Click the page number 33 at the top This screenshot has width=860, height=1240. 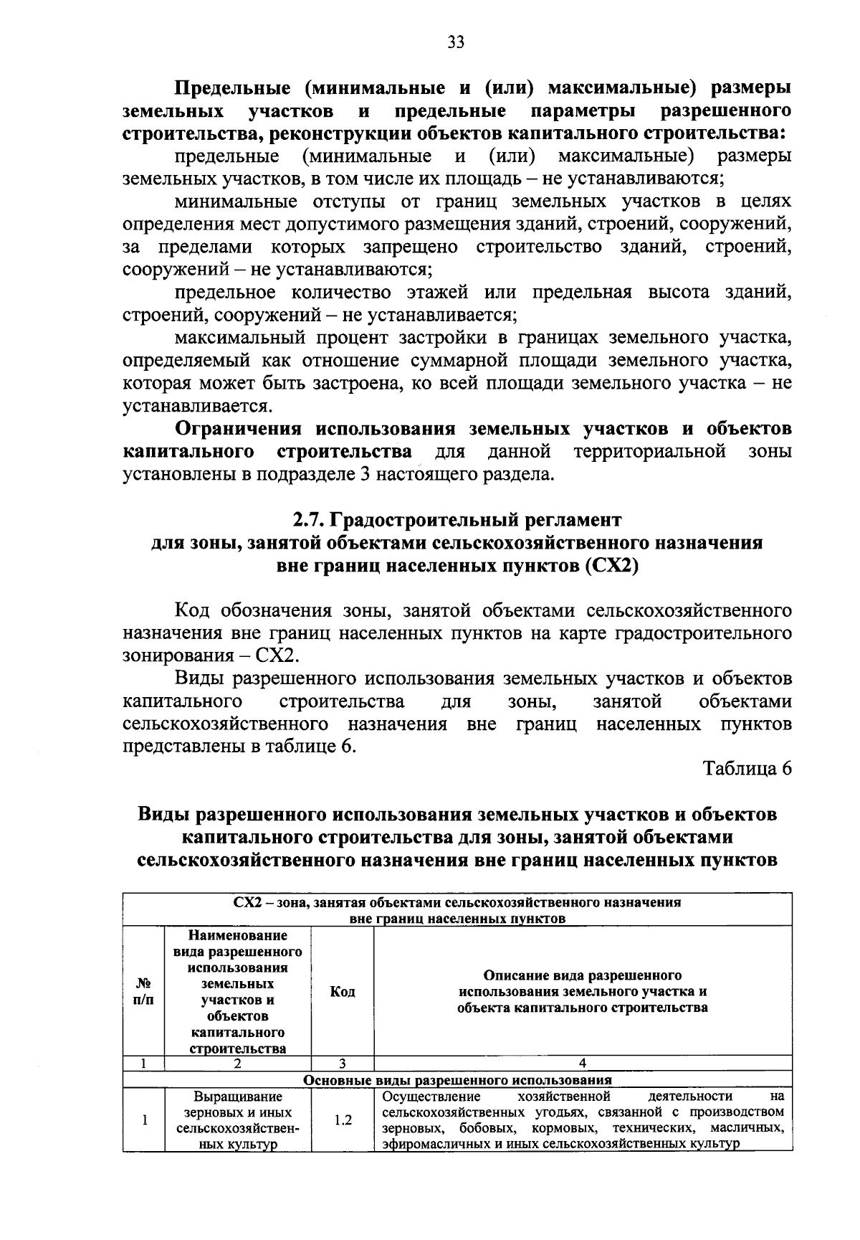point(456,42)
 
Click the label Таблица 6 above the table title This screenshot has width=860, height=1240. point(747,768)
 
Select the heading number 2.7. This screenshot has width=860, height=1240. point(309,519)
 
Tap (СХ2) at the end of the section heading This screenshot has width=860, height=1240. point(611,565)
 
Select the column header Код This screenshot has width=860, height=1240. point(343,992)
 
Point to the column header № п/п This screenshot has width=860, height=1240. point(144,992)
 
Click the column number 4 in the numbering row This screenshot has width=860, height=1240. point(583,1064)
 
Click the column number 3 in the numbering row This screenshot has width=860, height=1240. point(343,1064)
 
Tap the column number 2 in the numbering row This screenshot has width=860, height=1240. point(237,1064)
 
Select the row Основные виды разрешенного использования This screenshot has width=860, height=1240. point(457,1079)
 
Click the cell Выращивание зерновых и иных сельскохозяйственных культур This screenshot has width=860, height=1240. point(237,1120)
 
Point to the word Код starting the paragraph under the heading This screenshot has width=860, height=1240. point(194,611)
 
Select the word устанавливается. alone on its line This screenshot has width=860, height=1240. point(197,406)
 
